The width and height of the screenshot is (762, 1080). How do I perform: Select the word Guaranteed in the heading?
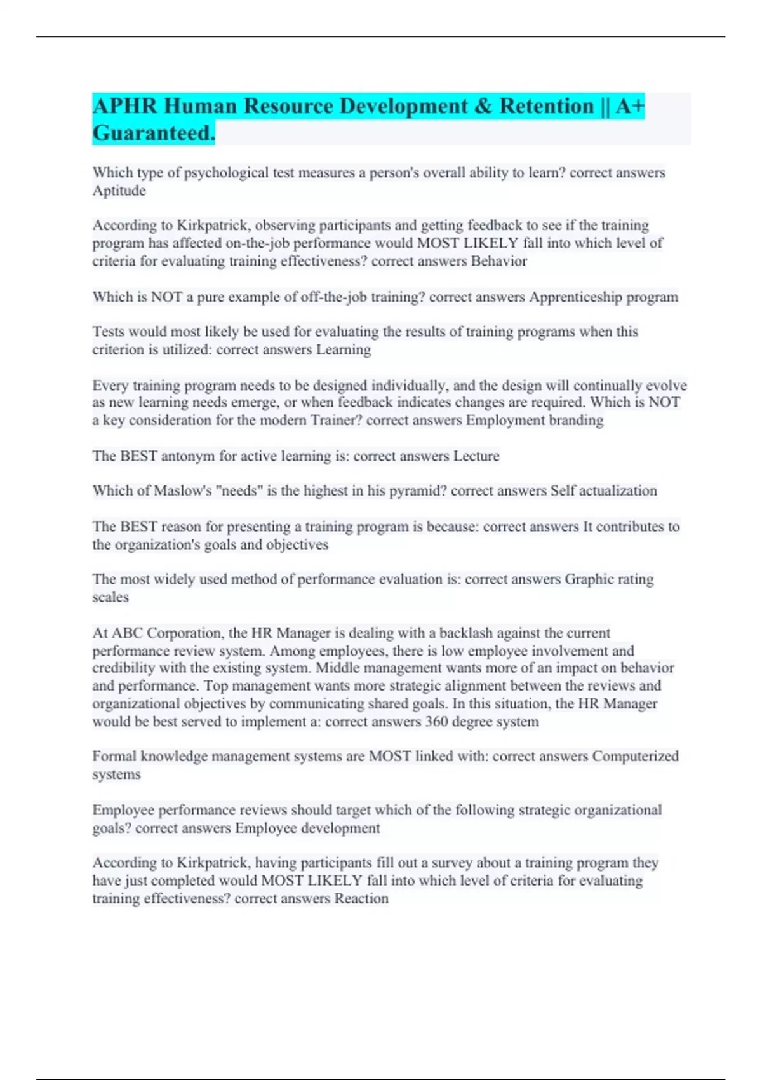pyautogui.click(x=153, y=133)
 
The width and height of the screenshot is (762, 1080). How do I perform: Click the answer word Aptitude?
pyautogui.click(x=119, y=191)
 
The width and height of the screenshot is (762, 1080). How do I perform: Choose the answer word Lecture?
pyautogui.click(x=476, y=456)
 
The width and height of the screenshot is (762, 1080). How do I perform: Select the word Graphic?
pyautogui.click(x=591, y=579)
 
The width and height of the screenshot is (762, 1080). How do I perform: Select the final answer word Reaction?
pyautogui.click(x=361, y=899)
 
